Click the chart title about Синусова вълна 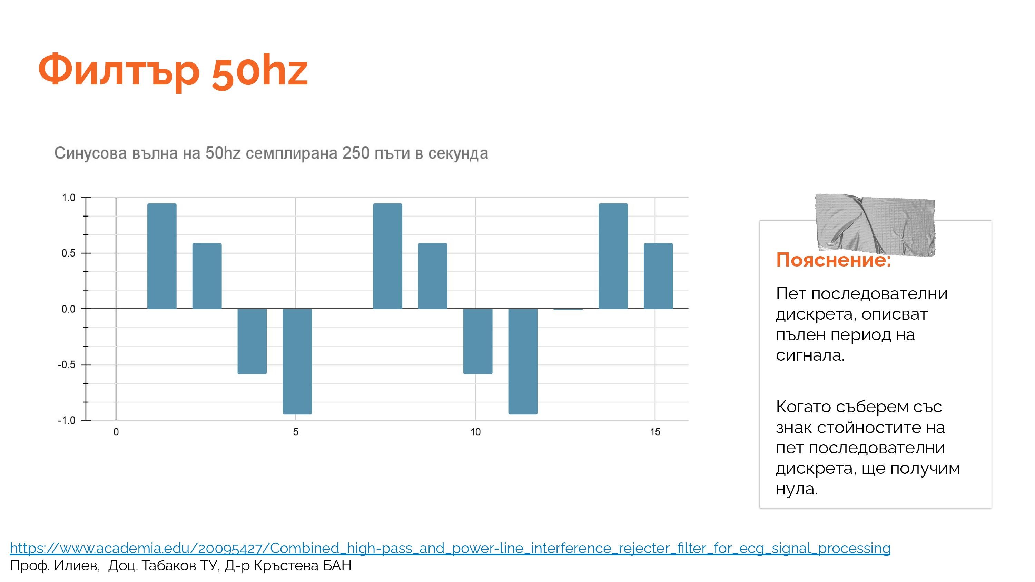271,153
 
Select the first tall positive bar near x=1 162,256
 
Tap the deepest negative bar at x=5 297,361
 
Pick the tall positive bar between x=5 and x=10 388,256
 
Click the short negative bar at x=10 478,341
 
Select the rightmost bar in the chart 659,276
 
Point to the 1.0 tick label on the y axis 69,198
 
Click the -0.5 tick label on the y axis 67,365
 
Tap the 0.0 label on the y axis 69,309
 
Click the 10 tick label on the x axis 475,432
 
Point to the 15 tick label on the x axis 655,432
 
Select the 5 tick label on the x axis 296,432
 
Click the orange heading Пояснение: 833,260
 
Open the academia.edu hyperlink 450,548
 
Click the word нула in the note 797,489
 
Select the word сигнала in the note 810,355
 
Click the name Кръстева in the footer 286,565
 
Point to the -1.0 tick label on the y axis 67,421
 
